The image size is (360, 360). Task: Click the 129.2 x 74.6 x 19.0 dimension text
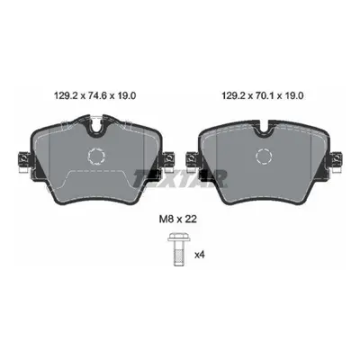[x=95, y=96]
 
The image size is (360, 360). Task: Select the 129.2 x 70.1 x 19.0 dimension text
[x=263, y=96]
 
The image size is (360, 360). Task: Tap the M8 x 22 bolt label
[x=177, y=220]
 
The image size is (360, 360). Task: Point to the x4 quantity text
[x=200, y=255]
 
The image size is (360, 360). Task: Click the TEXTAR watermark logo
[x=180, y=178]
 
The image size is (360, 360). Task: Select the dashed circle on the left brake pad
[x=96, y=156]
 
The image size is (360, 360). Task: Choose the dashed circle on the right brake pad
[x=265, y=156]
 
